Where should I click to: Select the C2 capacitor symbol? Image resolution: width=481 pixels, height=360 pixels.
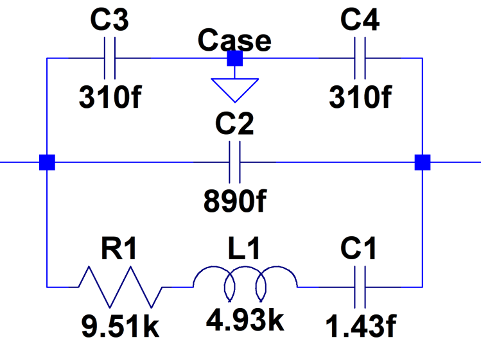(234, 162)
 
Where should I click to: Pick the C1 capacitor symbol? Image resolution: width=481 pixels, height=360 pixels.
(360, 286)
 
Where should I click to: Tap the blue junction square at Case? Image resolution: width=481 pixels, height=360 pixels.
(234, 59)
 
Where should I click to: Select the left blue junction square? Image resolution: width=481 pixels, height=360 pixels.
(47, 162)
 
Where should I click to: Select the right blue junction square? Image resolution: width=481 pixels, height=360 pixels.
(422, 162)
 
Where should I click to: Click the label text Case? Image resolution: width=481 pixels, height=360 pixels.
(234, 40)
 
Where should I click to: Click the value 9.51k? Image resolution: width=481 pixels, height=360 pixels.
(120, 327)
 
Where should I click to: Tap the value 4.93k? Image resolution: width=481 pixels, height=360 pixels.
(245, 320)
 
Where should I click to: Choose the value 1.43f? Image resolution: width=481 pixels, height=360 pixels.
(360, 327)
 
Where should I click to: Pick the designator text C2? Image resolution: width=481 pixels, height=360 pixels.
(234, 124)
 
